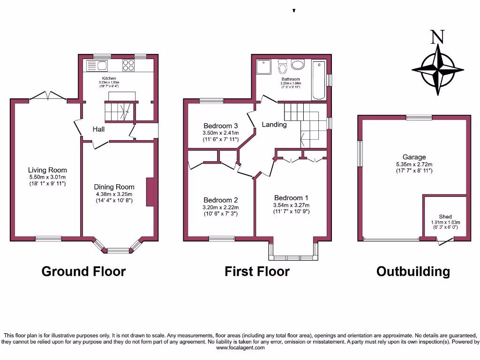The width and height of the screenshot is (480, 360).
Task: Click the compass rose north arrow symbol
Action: click(x=438, y=70)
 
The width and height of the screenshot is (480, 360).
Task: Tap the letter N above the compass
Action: click(x=437, y=37)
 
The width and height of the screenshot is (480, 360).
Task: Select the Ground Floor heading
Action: click(x=83, y=271)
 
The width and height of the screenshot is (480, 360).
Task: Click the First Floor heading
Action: click(x=257, y=271)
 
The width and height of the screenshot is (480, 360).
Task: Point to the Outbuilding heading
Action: click(x=413, y=271)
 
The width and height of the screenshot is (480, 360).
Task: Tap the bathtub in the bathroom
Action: click(x=319, y=80)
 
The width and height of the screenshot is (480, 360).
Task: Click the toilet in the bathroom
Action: click(x=282, y=68)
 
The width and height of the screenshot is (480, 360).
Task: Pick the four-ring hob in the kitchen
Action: click(x=128, y=65)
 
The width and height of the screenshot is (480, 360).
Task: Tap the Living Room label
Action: click(x=47, y=170)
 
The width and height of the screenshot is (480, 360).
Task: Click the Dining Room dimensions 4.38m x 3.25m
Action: click(x=114, y=194)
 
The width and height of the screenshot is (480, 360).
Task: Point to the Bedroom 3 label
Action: click(x=221, y=126)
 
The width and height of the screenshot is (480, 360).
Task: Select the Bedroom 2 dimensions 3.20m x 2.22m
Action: click(x=221, y=208)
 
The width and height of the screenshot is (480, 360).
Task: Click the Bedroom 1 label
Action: click(x=292, y=198)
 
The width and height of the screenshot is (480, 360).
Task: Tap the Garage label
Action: click(x=414, y=157)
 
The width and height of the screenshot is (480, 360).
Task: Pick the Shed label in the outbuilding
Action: click(x=445, y=217)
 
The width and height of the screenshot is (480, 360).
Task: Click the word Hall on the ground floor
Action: click(x=98, y=129)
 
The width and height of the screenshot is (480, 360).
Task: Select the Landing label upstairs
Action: click(x=274, y=125)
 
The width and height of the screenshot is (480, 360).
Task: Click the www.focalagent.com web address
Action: click(x=240, y=348)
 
